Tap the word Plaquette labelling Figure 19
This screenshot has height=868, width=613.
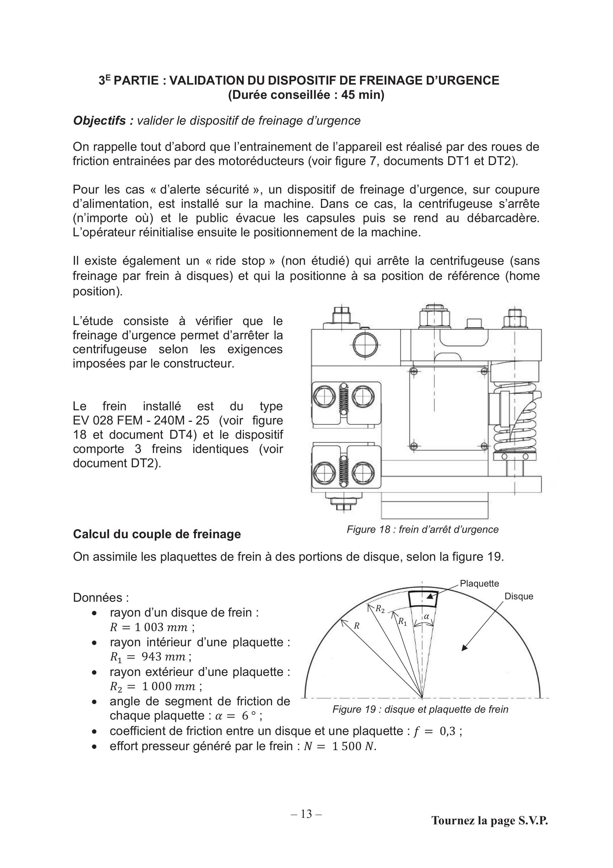[479, 583]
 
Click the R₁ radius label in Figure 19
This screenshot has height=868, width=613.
[402, 622]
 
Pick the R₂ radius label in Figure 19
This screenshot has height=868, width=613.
[380, 608]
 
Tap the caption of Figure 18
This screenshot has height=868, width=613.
[423, 529]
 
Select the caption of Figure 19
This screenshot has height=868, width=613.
[420, 709]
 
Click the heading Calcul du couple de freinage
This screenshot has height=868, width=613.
[157, 534]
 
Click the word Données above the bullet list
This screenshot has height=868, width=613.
[101, 598]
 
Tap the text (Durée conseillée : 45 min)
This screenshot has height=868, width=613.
[306, 95]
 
